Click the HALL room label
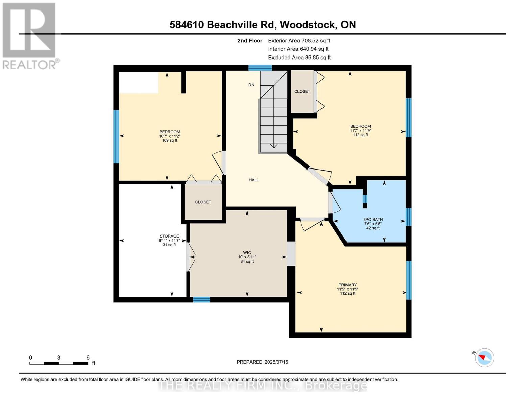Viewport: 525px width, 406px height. click(x=254, y=180)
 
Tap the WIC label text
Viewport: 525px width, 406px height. click(x=247, y=252)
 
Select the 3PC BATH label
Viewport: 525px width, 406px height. click(x=373, y=219)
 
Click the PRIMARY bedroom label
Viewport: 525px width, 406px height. click(x=348, y=285)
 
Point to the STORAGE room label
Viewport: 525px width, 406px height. click(x=169, y=236)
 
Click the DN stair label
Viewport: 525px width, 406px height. click(x=251, y=85)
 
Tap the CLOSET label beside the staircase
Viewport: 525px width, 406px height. click(x=302, y=91)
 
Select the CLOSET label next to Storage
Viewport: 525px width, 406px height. click(x=203, y=202)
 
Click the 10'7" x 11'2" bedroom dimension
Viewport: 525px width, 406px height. click(x=170, y=136)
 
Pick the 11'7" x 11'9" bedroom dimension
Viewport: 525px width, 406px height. click(x=360, y=131)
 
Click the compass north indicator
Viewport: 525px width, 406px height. click(x=484, y=357)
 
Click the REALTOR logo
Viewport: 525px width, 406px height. click(x=30, y=36)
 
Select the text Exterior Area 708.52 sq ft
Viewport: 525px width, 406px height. click(x=299, y=41)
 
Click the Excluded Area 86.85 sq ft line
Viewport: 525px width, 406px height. click(x=299, y=58)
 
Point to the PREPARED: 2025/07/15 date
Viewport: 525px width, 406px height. click(x=262, y=362)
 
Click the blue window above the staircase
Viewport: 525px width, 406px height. click(x=260, y=68)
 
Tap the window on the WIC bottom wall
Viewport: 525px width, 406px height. click(x=201, y=299)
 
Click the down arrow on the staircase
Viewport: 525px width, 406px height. click(x=273, y=145)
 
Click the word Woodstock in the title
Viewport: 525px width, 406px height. click(x=308, y=25)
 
